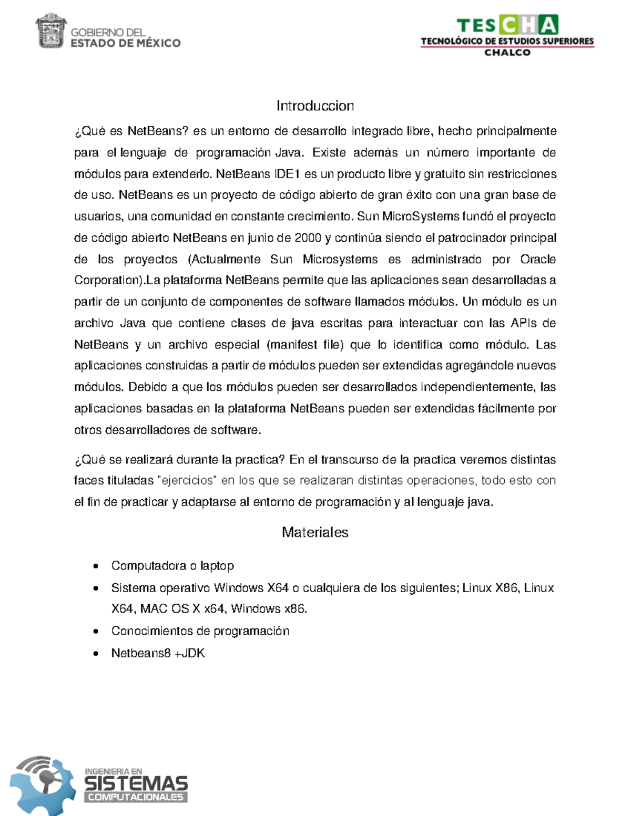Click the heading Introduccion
315,106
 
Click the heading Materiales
315,532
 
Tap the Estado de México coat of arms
51,32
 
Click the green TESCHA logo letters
507,25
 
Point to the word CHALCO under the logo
507,53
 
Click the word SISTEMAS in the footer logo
136,784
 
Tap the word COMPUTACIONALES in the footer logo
136,797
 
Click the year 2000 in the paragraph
308,238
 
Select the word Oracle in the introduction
538,260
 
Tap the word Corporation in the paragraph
107,281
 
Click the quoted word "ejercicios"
187,481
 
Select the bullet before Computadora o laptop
95,566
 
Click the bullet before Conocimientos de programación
95,632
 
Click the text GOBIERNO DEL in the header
108,33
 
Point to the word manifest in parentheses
293,345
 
